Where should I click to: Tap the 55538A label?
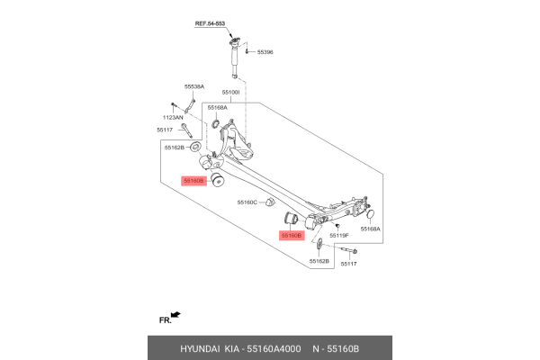coord(194,86)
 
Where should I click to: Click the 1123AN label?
coord(173,117)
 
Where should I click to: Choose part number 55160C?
coord(247,202)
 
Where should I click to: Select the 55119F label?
coord(339,235)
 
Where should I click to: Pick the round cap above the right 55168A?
coord(370,213)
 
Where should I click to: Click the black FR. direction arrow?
coord(176,315)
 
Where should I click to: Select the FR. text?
coord(164,319)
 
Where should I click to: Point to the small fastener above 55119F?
coord(337,224)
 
